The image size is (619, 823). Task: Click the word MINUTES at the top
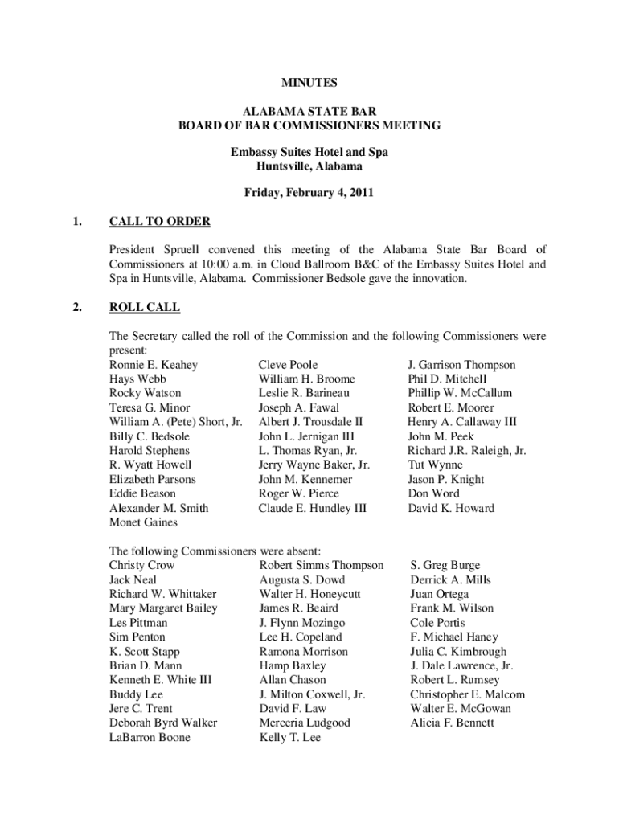(x=309, y=82)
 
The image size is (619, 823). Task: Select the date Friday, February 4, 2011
(x=309, y=193)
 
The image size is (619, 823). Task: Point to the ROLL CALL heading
(x=145, y=307)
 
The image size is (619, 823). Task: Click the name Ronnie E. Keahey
(x=154, y=365)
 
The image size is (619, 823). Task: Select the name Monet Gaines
(x=143, y=522)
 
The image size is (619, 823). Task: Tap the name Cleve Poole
(x=288, y=365)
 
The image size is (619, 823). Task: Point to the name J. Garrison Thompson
(x=461, y=365)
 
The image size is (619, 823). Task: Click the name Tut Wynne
(x=435, y=465)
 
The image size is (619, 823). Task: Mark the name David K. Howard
(x=451, y=508)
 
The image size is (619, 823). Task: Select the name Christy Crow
(x=141, y=565)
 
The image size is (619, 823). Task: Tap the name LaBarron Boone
(x=150, y=737)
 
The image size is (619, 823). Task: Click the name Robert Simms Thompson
(x=322, y=565)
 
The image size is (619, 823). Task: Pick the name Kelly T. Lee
(x=289, y=737)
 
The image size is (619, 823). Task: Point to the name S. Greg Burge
(x=445, y=565)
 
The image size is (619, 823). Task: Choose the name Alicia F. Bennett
(x=452, y=723)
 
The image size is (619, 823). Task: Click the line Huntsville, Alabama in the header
(x=309, y=166)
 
